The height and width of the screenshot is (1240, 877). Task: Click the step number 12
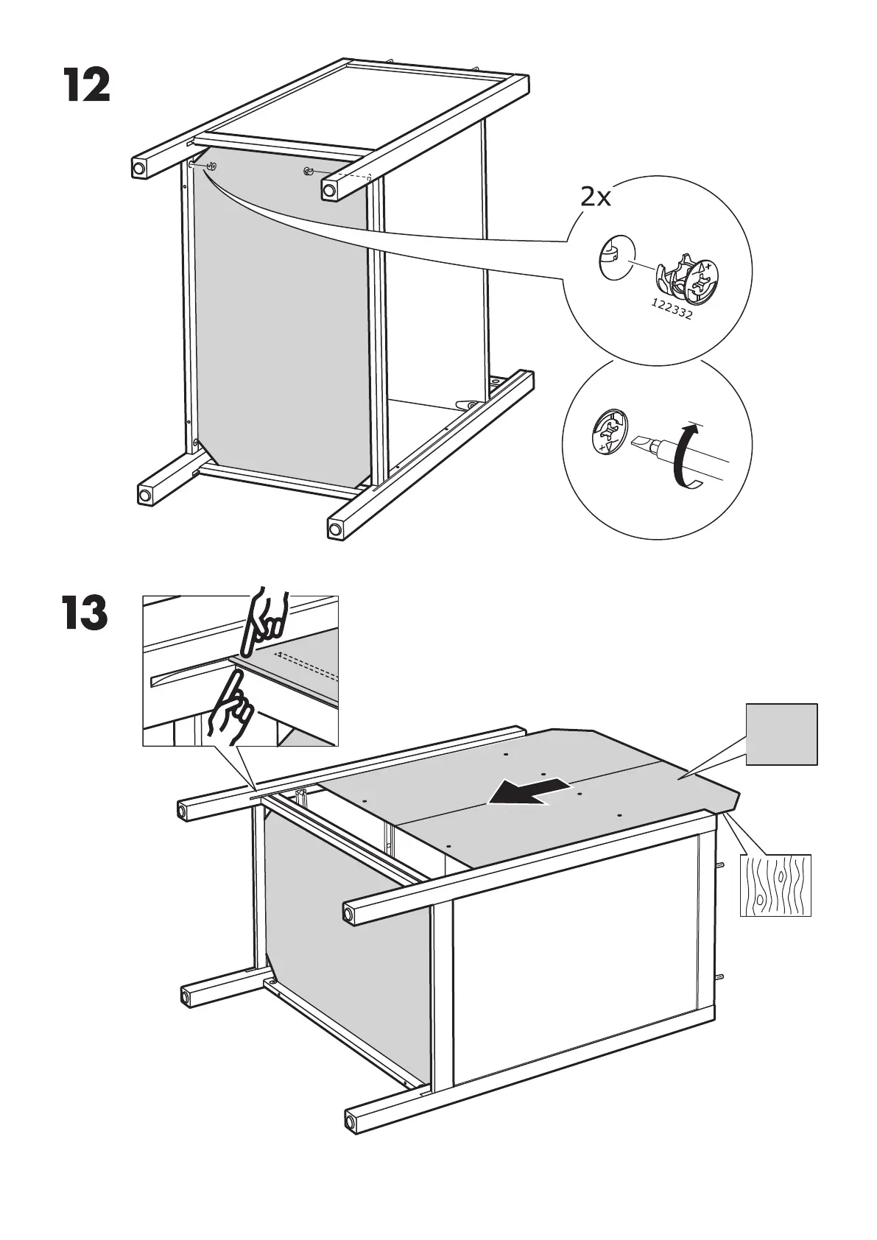pyautogui.click(x=86, y=86)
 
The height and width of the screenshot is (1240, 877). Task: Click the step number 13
pyautogui.click(x=85, y=614)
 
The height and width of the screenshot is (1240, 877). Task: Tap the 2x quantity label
pyautogui.click(x=596, y=197)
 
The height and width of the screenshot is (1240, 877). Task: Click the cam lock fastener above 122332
pyautogui.click(x=685, y=280)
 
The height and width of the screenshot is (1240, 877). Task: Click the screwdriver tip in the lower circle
pyautogui.click(x=638, y=444)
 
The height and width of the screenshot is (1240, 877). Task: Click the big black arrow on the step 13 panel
pyautogui.click(x=530, y=792)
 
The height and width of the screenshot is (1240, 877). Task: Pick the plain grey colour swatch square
pyautogui.click(x=781, y=734)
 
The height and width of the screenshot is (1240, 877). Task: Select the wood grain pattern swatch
pyautogui.click(x=775, y=885)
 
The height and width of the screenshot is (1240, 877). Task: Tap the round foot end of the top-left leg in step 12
pyautogui.click(x=138, y=169)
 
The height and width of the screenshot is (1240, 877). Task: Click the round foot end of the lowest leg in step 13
pyautogui.click(x=351, y=1141)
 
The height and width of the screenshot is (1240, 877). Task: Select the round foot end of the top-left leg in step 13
pyautogui.click(x=182, y=811)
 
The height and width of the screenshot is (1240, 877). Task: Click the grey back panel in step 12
pyautogui.click(x=280, y=317)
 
